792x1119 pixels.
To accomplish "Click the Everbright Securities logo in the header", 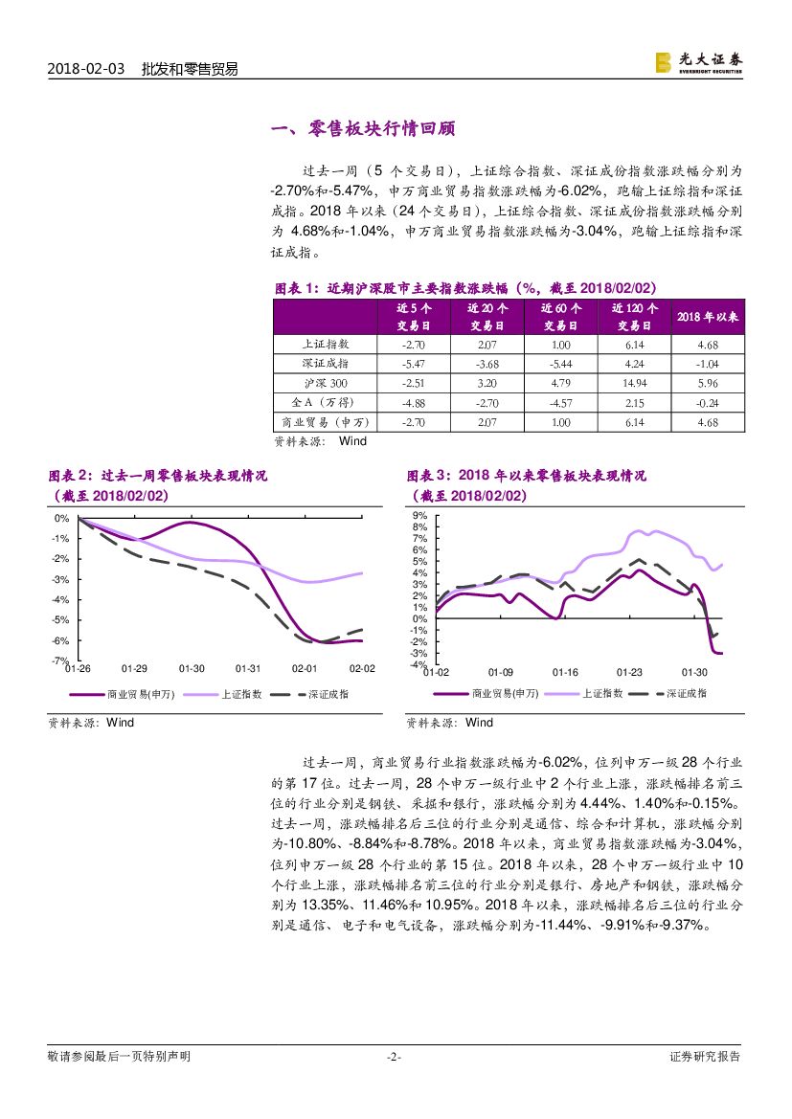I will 697,62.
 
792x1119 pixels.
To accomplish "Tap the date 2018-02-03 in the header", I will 86,70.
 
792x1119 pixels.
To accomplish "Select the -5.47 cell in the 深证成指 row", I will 413,364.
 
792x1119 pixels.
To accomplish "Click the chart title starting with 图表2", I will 158,476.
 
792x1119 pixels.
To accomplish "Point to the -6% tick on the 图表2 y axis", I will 61,640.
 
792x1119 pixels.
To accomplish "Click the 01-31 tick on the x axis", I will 248,668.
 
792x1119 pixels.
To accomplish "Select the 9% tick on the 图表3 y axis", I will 419,515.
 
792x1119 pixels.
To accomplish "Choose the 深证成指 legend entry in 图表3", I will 686,693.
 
